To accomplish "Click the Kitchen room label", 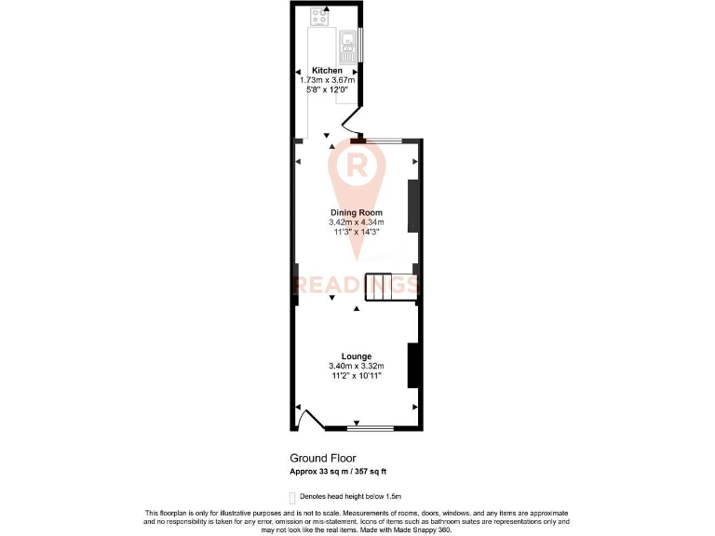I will coord(327,71).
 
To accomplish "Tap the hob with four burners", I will coord(319,15).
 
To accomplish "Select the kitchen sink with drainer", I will coord(346,40).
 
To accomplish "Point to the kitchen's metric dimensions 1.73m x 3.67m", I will coord(327,80).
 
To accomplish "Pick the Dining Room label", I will coord(356,213).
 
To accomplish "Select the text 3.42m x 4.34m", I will coord(356,222).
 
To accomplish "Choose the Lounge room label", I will coord(356,356).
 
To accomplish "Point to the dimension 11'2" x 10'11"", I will coord(356,375).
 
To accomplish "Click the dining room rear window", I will coord(383,140).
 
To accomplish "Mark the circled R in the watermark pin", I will coord(356,166).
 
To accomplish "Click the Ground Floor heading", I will coord(322,458).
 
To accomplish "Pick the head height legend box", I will coord(292,498).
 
